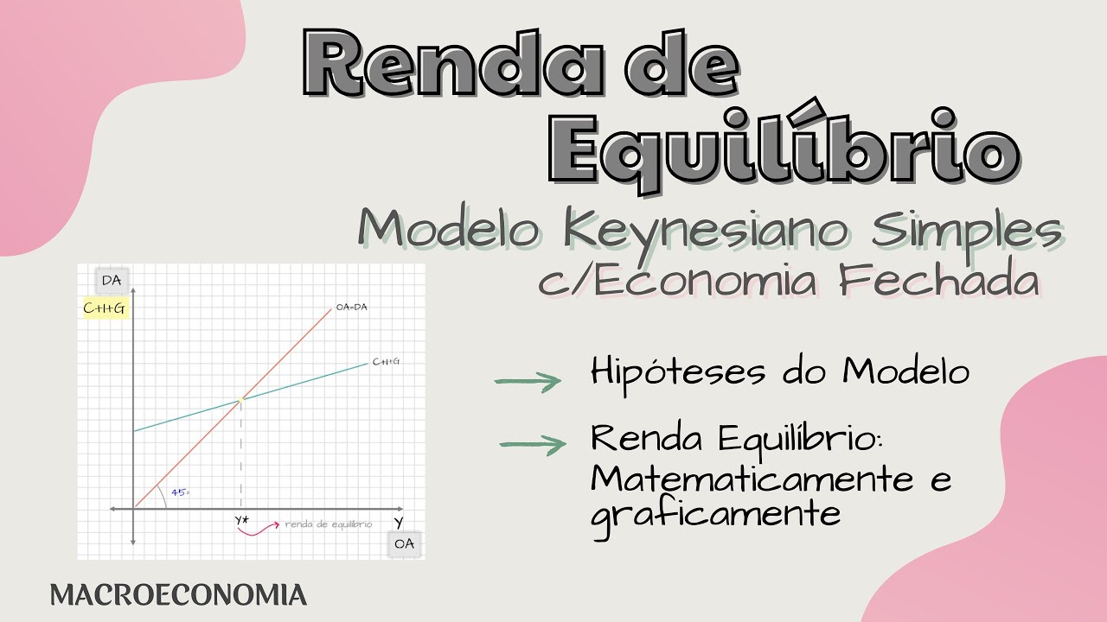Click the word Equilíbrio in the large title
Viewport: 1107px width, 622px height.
pyautogui.click(x=783, y=149)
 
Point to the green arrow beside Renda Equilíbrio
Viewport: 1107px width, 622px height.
pyautogui.click(x=533, y=445)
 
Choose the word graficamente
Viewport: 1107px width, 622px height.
pyautogui.click(x=716, y=513)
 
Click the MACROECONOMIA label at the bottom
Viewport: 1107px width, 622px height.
pyautogui.click(x=178, y=595)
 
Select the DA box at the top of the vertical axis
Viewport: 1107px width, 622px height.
pyautogui.click(x=111, y=280)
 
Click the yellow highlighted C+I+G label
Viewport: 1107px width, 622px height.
pyautogui.click(x=106, y=308)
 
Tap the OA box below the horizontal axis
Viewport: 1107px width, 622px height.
pyautogui.click(x=404, y=543)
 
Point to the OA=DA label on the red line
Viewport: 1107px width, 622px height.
pyautogui.click(x=351, y=307)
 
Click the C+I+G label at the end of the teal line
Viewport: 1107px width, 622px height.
pyautogui.click(x=386, y=361)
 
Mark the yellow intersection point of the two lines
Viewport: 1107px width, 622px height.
pyautogui.click(x=240, y=399)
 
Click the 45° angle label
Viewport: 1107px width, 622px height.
pyautogui.click(x=180, y=492)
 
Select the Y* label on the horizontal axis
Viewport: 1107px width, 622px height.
pyautogui.click(x=242, y=520)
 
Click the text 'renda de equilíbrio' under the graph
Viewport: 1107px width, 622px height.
pyautogui.click(x=329, y=524)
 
